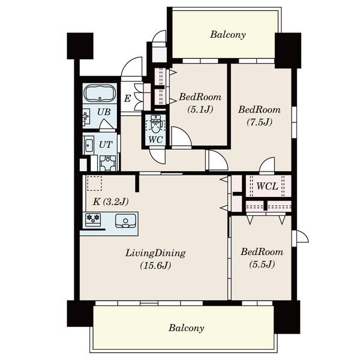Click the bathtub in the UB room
click(x=100, y=94)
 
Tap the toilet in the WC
click(x=155, y=123)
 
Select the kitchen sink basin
click(x=125, y=221)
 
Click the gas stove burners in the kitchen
click(x=93, y=218)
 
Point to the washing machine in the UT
click(x=107, y=163)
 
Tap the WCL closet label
click(x=267, y=186)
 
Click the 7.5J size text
click(x=260, y=122)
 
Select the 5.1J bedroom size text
click(x=200, y=110)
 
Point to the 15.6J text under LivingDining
click(x=155, y=265)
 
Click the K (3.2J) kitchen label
click(x=110, y=202)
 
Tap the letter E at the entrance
click(x=127, y=99)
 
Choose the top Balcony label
click(x=228, y=35)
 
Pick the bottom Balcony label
click(x=186, y=328)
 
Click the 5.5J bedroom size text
click(x=262, y=264)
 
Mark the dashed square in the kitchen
click(x=94, y=183)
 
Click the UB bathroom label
click(x=104, y=112)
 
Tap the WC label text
click(x=155, y=139)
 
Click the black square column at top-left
click(x=80, y=46)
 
